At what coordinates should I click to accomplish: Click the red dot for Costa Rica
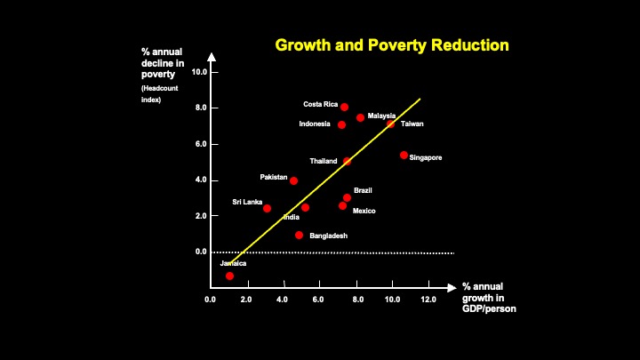[344, 108]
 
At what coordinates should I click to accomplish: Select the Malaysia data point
[360, 117]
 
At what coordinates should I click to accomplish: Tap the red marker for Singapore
[404, 155]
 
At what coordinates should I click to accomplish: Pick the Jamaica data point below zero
[229, 276]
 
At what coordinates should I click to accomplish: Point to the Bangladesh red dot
[299, 236]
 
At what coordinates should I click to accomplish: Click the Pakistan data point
[293, 180]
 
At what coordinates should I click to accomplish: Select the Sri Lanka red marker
[267, 208]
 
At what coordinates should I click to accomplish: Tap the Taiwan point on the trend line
[390, 124]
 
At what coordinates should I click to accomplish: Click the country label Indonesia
[315, 124]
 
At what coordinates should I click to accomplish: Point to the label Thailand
[324, 161]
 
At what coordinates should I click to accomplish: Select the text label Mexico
[364, 211]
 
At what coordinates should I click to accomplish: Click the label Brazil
[363, 190]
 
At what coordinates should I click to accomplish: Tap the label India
[291, 217]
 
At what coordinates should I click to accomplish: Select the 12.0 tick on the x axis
[428, 300]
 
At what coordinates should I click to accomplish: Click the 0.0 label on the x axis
[211, 300]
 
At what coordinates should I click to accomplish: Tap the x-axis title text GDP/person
[489, 309]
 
